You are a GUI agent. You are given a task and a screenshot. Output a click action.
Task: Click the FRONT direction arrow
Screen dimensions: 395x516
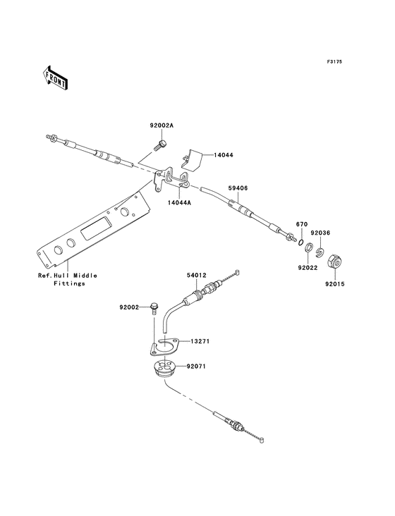tap(55, 78)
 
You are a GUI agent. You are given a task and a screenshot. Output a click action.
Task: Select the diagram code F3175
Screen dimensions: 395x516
tap(334, 61)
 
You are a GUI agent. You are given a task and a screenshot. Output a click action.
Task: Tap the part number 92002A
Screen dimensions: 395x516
tap(162, 125)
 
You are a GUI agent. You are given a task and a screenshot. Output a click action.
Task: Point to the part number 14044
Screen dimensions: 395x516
tap(224, 154)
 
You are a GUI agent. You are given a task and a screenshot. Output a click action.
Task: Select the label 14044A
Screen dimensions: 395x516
tap(179, 203)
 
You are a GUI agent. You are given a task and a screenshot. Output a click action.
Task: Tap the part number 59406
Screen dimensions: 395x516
tap(238, 188)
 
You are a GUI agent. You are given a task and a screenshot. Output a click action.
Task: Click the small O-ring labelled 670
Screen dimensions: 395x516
tap(300, 242)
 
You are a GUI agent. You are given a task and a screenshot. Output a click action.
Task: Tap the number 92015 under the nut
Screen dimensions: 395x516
tap(334, 284)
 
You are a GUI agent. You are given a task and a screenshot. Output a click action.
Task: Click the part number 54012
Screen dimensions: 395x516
tap(197, 275)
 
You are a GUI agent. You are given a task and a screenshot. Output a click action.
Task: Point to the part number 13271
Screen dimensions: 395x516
tap(200, 341)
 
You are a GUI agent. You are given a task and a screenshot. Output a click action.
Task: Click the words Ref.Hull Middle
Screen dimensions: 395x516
tap(68, 276)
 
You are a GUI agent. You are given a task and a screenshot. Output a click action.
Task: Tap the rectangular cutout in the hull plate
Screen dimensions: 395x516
tap(95, 228)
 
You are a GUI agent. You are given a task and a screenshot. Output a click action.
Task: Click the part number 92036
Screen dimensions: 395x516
tap(320, 233)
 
